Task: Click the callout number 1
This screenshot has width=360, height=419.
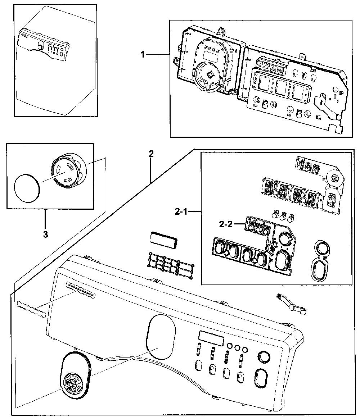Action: pos(143,54)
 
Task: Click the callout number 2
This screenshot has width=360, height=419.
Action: pos(151,154)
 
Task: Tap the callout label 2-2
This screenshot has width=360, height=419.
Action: pos(226,224)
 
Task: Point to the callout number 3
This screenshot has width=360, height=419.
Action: pos(45,234)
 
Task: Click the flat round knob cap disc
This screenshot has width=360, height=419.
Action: pos(27,188)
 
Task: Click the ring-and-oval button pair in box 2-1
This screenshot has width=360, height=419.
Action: pos(320,260)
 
